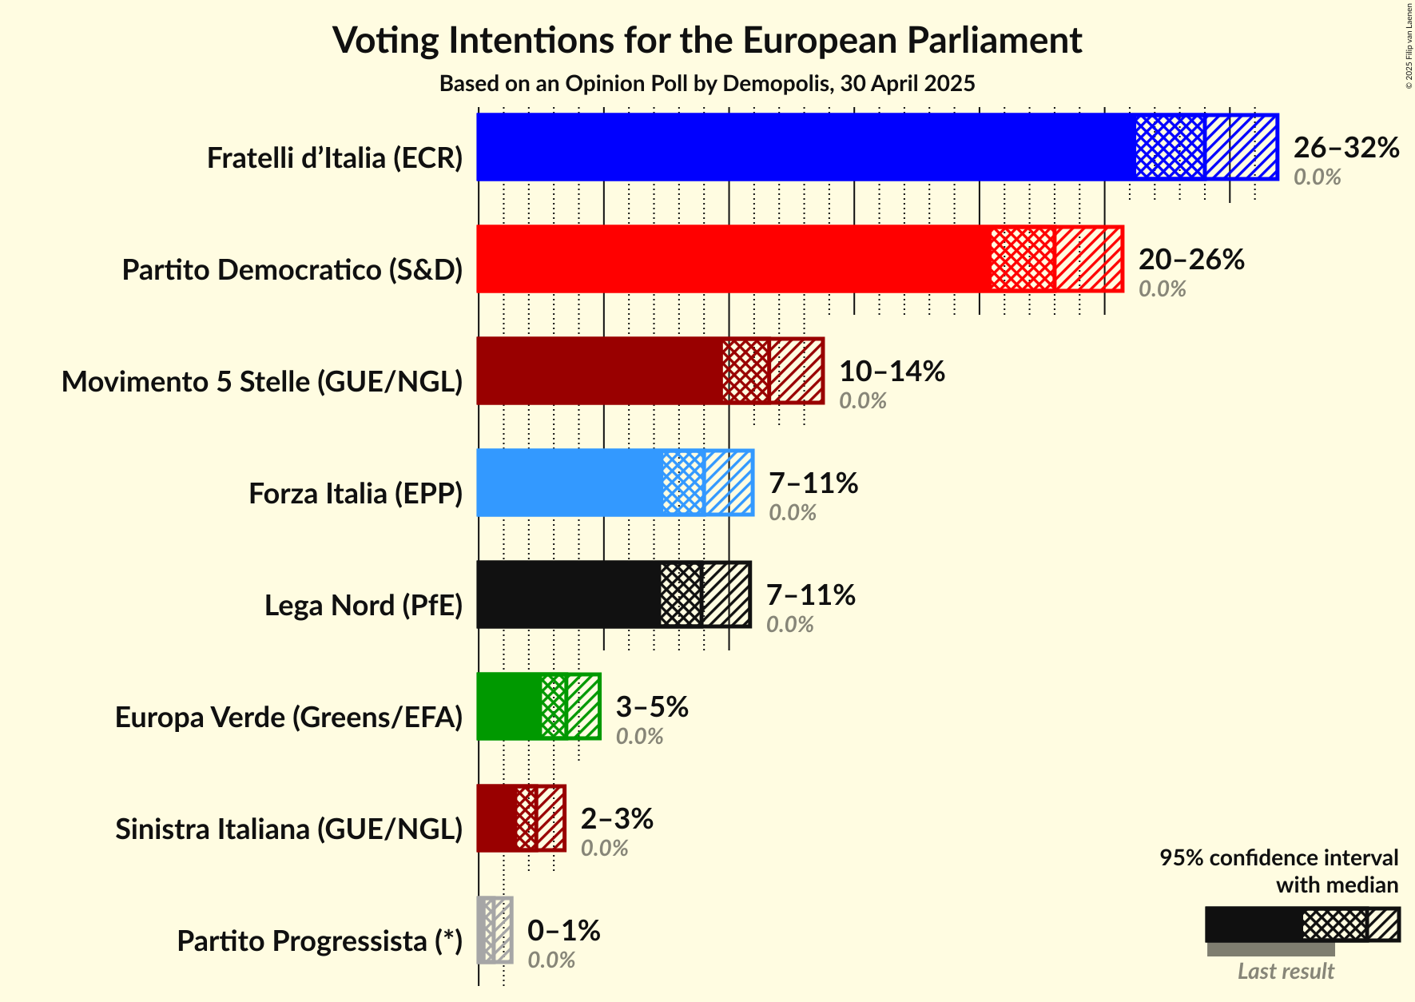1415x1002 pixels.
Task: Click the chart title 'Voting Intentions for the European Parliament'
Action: [707, 40]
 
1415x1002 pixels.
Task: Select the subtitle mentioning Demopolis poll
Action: [707, 84]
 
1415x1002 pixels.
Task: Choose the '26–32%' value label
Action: [1346, 147]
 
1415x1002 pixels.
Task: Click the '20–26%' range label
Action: [1191, 259]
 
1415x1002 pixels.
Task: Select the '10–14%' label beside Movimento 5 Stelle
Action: [892, 371]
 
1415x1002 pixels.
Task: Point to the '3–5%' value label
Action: [652, 706]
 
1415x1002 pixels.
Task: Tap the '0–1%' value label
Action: [564, 930]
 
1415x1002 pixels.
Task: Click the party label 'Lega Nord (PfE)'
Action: [364, 606]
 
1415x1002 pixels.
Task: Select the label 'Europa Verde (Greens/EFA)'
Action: [289, 718]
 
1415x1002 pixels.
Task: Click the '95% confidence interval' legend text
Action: [1278, 858]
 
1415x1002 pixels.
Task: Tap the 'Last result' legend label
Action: [1286, 972]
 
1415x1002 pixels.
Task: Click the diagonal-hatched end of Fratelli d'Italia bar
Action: [1241, 147]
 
